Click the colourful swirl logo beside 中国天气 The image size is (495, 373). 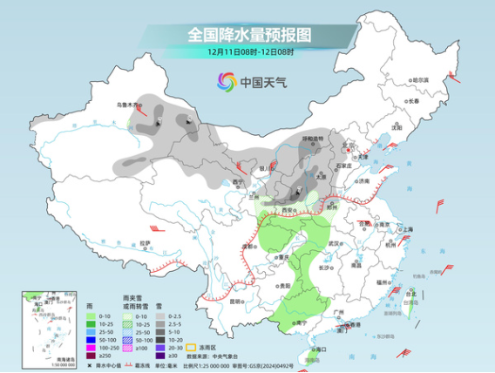[x=226, y=82]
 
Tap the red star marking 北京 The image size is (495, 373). [x=345, y=147]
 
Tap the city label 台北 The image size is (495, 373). [x=410, y=294]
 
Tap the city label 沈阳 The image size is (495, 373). [x=397, y=126]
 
